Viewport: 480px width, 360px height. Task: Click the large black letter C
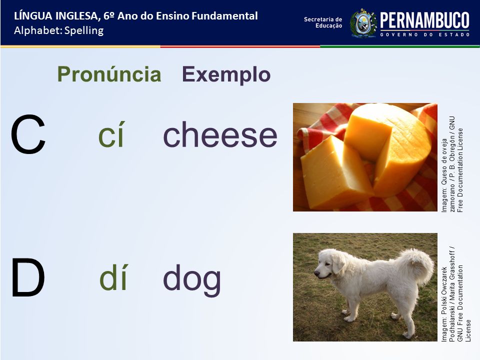click(x=28, y=134)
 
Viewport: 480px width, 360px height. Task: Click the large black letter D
click(x=28, y=277)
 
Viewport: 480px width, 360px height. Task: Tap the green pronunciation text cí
click(x=111, y=134)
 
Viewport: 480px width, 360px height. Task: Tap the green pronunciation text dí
click(x=113, y=277)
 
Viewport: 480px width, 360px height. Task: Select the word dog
click(x=191, y=279)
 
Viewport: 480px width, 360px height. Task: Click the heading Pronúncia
click(x=109, y=74)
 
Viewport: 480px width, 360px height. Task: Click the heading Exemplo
click(x=226, y=74)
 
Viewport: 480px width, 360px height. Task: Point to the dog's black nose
click(x=316, y=273)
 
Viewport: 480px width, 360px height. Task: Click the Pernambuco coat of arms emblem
click(x=363, y=23)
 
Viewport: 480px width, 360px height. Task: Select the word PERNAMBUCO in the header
click(x=424, y=20)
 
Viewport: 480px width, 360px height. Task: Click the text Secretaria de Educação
click(x=323, y=22)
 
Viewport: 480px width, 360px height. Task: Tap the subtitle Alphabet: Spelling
click(x=59, y=30)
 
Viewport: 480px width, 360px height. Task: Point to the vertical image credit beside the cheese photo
click(x=452, y=164)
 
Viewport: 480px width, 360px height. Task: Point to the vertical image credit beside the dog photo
click(x=456, y=294)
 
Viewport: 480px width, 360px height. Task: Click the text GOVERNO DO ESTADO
click(x=425, y=34)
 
